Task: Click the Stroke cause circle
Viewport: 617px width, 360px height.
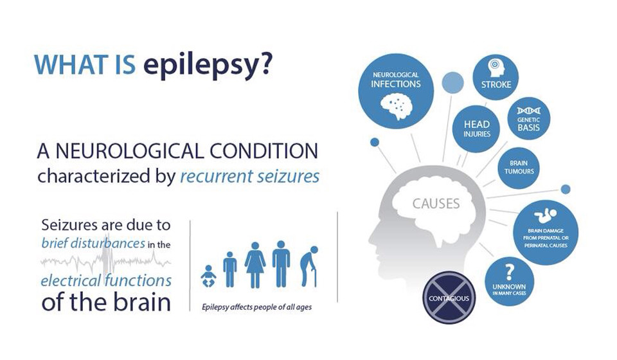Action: (496, 77)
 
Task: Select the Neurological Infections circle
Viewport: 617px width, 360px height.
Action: (396, 91)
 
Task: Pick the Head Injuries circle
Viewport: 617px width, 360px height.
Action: (476, 129)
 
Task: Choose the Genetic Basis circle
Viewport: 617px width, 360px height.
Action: (528, 119)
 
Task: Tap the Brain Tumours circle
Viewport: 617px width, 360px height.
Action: (519, 168)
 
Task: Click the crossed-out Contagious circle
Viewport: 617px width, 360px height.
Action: (449, 298)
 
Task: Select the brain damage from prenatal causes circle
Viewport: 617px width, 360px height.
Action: (546, 232)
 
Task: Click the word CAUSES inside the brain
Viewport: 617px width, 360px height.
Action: (436, 204)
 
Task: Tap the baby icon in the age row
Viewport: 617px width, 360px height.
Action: (208, 276)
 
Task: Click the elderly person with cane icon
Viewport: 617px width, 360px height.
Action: (309, 267)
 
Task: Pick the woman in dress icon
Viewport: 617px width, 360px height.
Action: (255, 265)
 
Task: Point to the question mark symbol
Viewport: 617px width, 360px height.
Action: (509, 272)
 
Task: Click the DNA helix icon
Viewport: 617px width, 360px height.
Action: (528, 111)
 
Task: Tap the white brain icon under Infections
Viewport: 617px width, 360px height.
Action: (397, 106)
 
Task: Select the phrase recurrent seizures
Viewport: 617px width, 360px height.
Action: (250, 177)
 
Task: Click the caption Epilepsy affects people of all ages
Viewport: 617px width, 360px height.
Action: (256, 307)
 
